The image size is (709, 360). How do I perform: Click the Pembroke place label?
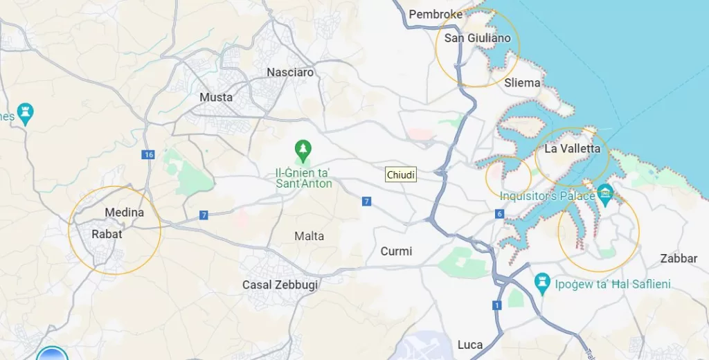pyautogui.click(x=435, y=14)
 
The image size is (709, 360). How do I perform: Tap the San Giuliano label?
pyautogui.click(x=477, y=38)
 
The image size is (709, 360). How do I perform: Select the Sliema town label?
pyautogui.click(x=522, y=82)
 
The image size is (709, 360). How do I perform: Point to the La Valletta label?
pyautogui.click(x=572, y=148)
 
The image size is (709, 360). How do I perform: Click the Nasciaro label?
pyautogui.click(x=290, y=72)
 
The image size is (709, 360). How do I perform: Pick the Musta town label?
pyautogui.click(x=216, y=97)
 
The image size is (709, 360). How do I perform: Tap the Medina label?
pyautogui.click(x=125, y=213)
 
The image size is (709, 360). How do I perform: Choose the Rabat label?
pyautogui.click(x=107, y=234)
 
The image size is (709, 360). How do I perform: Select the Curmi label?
pyautogui.click(x=396, y=251)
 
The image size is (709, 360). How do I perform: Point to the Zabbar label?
pyautogui.click(x=679, y=258)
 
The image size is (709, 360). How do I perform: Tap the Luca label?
pyautogui.click(x=470, y=345)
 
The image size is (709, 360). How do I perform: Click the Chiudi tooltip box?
pyautogui.click(x=401, y=175)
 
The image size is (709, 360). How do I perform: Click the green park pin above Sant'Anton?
pyautogui.click(x=303, y=148)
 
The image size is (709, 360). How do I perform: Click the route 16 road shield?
pyautogui.click(x=148, y=155)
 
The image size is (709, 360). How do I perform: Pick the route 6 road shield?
pyautogui.click(x=499, y=214)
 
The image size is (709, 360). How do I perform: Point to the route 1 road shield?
pyautogui.click(x=496, y=305)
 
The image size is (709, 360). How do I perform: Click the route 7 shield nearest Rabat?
pyautogui.click(x=204, y=215)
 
